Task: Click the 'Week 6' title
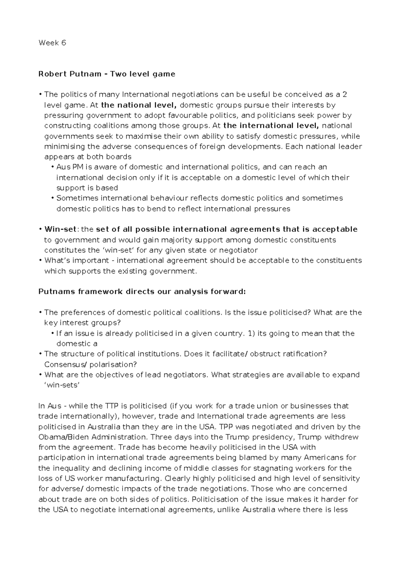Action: (x=52, y=43)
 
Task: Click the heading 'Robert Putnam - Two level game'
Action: (x=107, y=74)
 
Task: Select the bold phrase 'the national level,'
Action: (x=140, y=105)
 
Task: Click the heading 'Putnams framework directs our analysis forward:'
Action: (x=142, y=292)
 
